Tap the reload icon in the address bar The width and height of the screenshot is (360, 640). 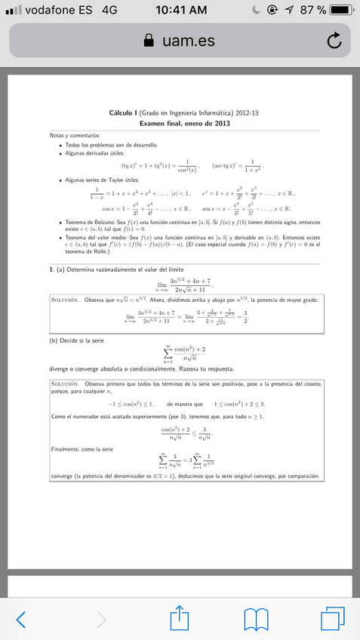click(x=334, y=40)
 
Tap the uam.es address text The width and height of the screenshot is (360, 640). click(x=188, y=41)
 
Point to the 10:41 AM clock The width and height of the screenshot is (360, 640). click(x=180, y=10)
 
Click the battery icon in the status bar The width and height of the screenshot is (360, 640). click(x=342, y=10)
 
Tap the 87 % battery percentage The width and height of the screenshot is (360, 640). click(x=312, y=10)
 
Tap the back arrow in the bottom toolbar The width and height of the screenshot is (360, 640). click(x=21, y=619)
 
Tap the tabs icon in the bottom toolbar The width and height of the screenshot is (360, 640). click(x=332, y=619)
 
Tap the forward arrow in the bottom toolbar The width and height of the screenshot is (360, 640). click(x=102, y=619)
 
